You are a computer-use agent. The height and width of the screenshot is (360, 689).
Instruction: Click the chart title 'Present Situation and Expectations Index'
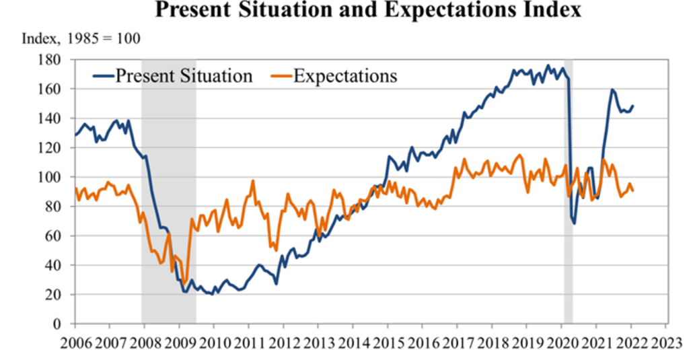pos(367,10)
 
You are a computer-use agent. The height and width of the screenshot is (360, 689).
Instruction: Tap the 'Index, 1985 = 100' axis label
pos(81,38)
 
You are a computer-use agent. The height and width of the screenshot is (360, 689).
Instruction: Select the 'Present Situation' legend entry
pos(184,75)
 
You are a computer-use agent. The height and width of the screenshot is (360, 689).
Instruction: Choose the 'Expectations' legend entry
pos(345,75)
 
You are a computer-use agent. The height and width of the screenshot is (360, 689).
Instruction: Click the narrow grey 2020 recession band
pos(568,202)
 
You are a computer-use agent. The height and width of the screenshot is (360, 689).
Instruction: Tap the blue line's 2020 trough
pos(574,223)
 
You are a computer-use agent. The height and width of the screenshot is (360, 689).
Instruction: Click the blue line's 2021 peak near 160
pos(612,89)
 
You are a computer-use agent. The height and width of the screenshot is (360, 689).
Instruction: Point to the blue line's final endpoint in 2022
pos(633,106)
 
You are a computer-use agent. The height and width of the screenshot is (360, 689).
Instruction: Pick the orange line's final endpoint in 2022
pos(633,190)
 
